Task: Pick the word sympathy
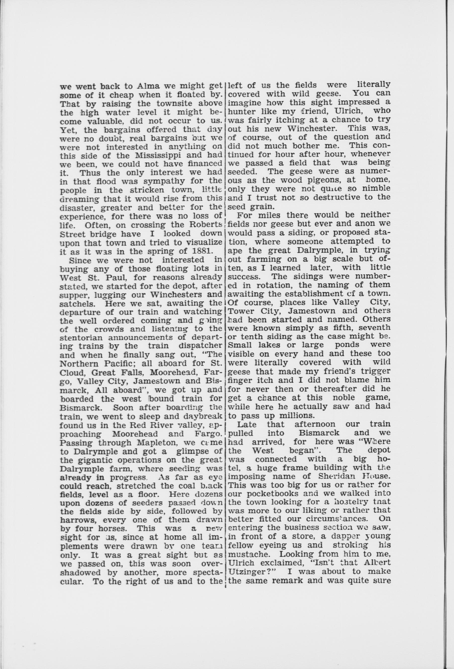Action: tap(167, 181)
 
